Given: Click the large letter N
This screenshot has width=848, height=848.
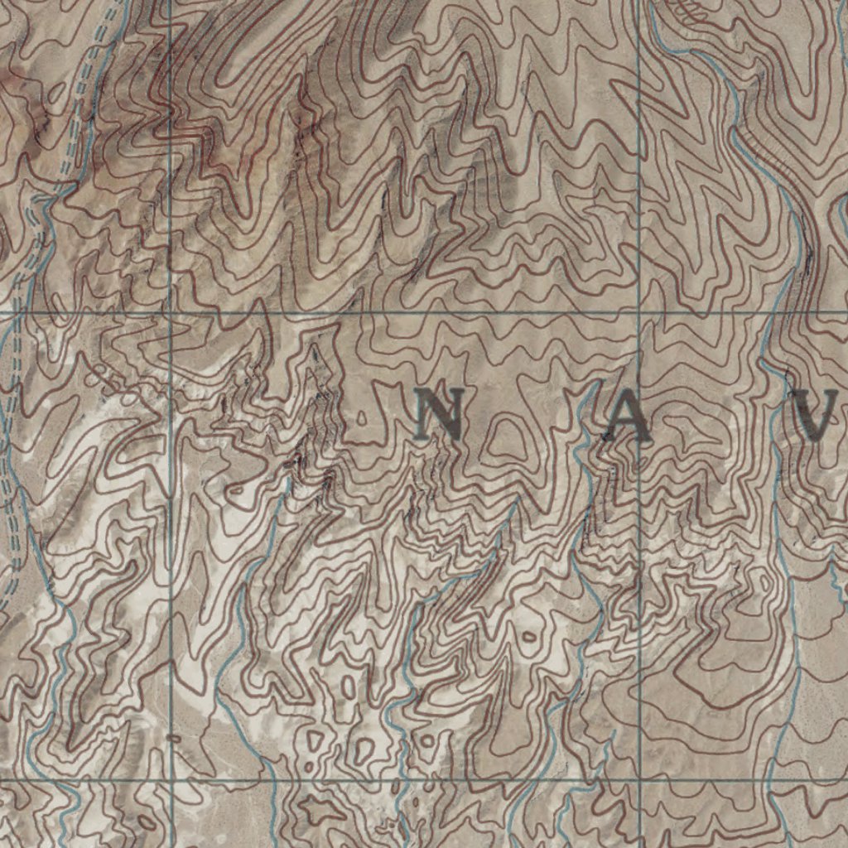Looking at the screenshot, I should tap(438, 416).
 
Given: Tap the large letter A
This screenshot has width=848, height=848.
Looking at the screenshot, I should tap(627, 417).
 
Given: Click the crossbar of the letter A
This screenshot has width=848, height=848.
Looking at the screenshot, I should tap(627, 424).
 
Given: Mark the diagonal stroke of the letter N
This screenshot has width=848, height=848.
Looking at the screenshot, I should tap(439, 417).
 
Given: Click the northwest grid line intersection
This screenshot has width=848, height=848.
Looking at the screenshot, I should tap(170, 313).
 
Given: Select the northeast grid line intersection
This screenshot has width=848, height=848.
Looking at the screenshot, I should tap(639, 312).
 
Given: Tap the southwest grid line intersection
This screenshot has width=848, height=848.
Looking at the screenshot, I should tap(171, 780).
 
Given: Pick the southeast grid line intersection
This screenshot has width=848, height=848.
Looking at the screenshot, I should tap(639, 780).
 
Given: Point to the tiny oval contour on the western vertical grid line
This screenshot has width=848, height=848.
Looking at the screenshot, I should tap(173, 736).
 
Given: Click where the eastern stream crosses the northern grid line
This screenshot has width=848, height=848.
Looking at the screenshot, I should tap(774, 312).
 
